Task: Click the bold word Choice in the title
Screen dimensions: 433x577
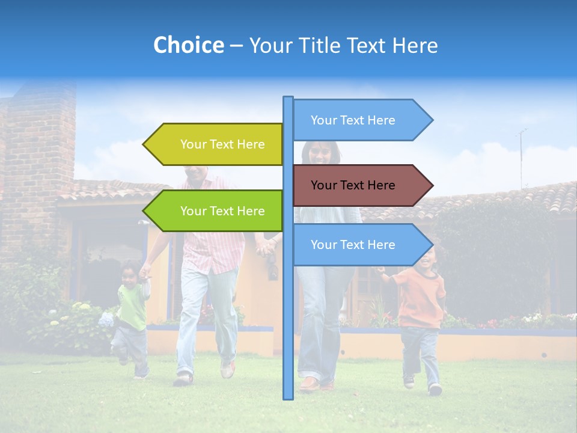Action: (188, 46)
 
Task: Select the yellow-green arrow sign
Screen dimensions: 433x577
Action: (216, 144)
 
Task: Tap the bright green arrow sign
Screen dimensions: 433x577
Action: (216, 211)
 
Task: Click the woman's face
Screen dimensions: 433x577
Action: (319, 153)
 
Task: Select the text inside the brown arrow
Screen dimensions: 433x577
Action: (353, 185)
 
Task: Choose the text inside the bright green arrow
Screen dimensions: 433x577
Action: (222, 211)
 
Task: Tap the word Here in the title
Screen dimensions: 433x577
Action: (415, 46)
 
